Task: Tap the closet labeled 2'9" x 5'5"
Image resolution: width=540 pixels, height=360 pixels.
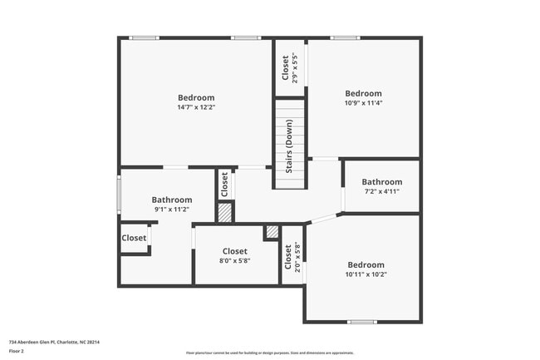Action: (290, 67)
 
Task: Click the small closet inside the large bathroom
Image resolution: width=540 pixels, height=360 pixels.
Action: (134, 238)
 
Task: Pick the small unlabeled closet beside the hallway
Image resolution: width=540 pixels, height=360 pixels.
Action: (223, 185)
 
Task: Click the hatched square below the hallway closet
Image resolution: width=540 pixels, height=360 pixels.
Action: (224, 212)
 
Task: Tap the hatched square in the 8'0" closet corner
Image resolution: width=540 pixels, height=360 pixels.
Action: (272, 233)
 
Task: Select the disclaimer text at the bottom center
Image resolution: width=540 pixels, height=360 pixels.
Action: (270, 353)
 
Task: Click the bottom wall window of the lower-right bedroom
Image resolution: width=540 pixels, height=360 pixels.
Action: (361, 322)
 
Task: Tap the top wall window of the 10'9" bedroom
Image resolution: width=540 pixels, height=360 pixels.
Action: (344, 37)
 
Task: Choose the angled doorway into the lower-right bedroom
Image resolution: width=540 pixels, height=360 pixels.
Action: (324, 219)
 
